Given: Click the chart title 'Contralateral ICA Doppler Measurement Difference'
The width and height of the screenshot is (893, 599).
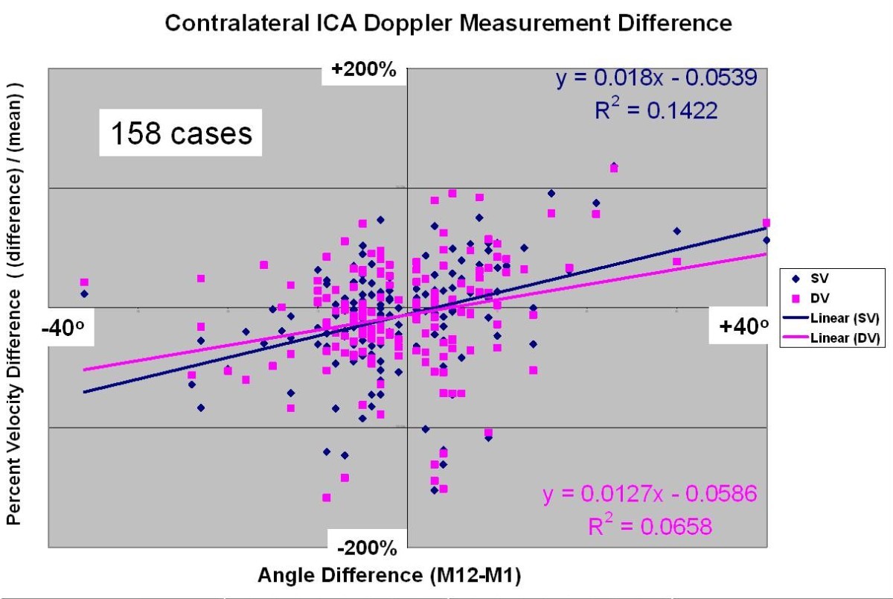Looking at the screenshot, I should [x=447, y=23].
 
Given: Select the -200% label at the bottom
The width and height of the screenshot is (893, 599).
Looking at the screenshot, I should [x=368, y=549].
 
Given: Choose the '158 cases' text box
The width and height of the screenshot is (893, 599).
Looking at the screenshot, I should [x=181, y=134].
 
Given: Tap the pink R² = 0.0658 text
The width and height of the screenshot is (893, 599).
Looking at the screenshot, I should [x=650, y=526].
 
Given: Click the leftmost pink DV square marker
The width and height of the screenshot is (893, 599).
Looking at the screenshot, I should [x=85, y=282].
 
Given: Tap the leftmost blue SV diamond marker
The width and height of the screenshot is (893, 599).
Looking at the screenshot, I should [x=85, y=294].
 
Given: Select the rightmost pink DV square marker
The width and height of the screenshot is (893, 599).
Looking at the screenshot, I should [x=766, y=223].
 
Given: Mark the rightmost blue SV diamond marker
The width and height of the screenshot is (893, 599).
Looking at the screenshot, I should [x=766, y=240].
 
